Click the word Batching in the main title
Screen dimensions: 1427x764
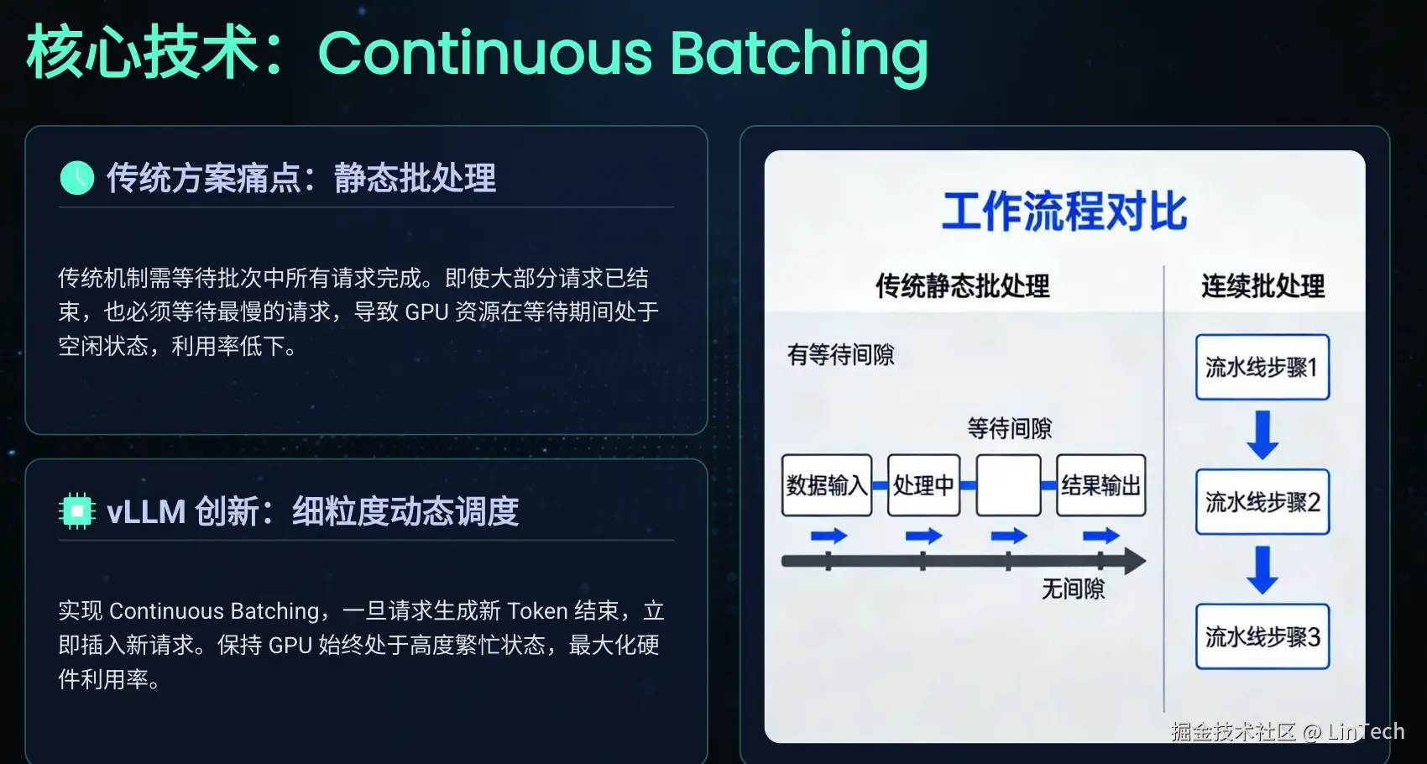(799, 56)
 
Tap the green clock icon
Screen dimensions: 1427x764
(77, 178)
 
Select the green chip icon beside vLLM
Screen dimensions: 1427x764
(77, 511)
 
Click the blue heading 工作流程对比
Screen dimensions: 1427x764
(1064, 211)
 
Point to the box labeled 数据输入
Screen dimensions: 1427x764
(827, 485)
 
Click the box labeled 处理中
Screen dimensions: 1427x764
(923, 485)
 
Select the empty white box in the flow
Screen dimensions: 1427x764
(1008, 485)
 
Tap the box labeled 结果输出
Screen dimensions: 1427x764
(1100, 485)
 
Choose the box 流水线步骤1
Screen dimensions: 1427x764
(1262, 367)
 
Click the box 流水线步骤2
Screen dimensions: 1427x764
(1262, 501)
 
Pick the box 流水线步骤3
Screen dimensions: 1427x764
(1262, 636)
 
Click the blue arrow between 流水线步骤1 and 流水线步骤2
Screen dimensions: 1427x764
(1262, 435)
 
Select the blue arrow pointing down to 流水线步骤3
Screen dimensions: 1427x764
(1262, 570)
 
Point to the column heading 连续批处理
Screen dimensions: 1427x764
(1262, 285)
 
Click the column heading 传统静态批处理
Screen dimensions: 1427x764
(963, 285)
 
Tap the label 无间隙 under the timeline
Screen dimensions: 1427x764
(1073, 589)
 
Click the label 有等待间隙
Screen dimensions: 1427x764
(841, 354)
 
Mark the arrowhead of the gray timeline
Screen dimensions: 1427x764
(1134, 562)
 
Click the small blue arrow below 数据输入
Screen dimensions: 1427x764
(828, 536)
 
